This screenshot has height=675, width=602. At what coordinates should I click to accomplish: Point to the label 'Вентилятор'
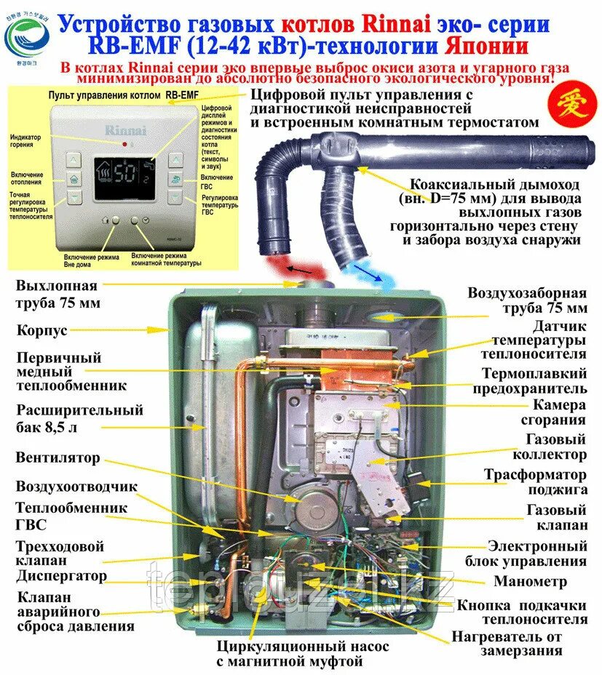tap(58, 458)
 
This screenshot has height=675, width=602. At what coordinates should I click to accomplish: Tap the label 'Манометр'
tap(540, 581)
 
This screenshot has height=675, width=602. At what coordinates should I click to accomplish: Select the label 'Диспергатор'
tap(62, 576)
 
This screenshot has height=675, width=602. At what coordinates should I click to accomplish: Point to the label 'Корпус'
tap(42, 330)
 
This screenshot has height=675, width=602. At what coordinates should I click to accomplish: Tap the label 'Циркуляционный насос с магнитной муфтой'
tap(303, 654)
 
